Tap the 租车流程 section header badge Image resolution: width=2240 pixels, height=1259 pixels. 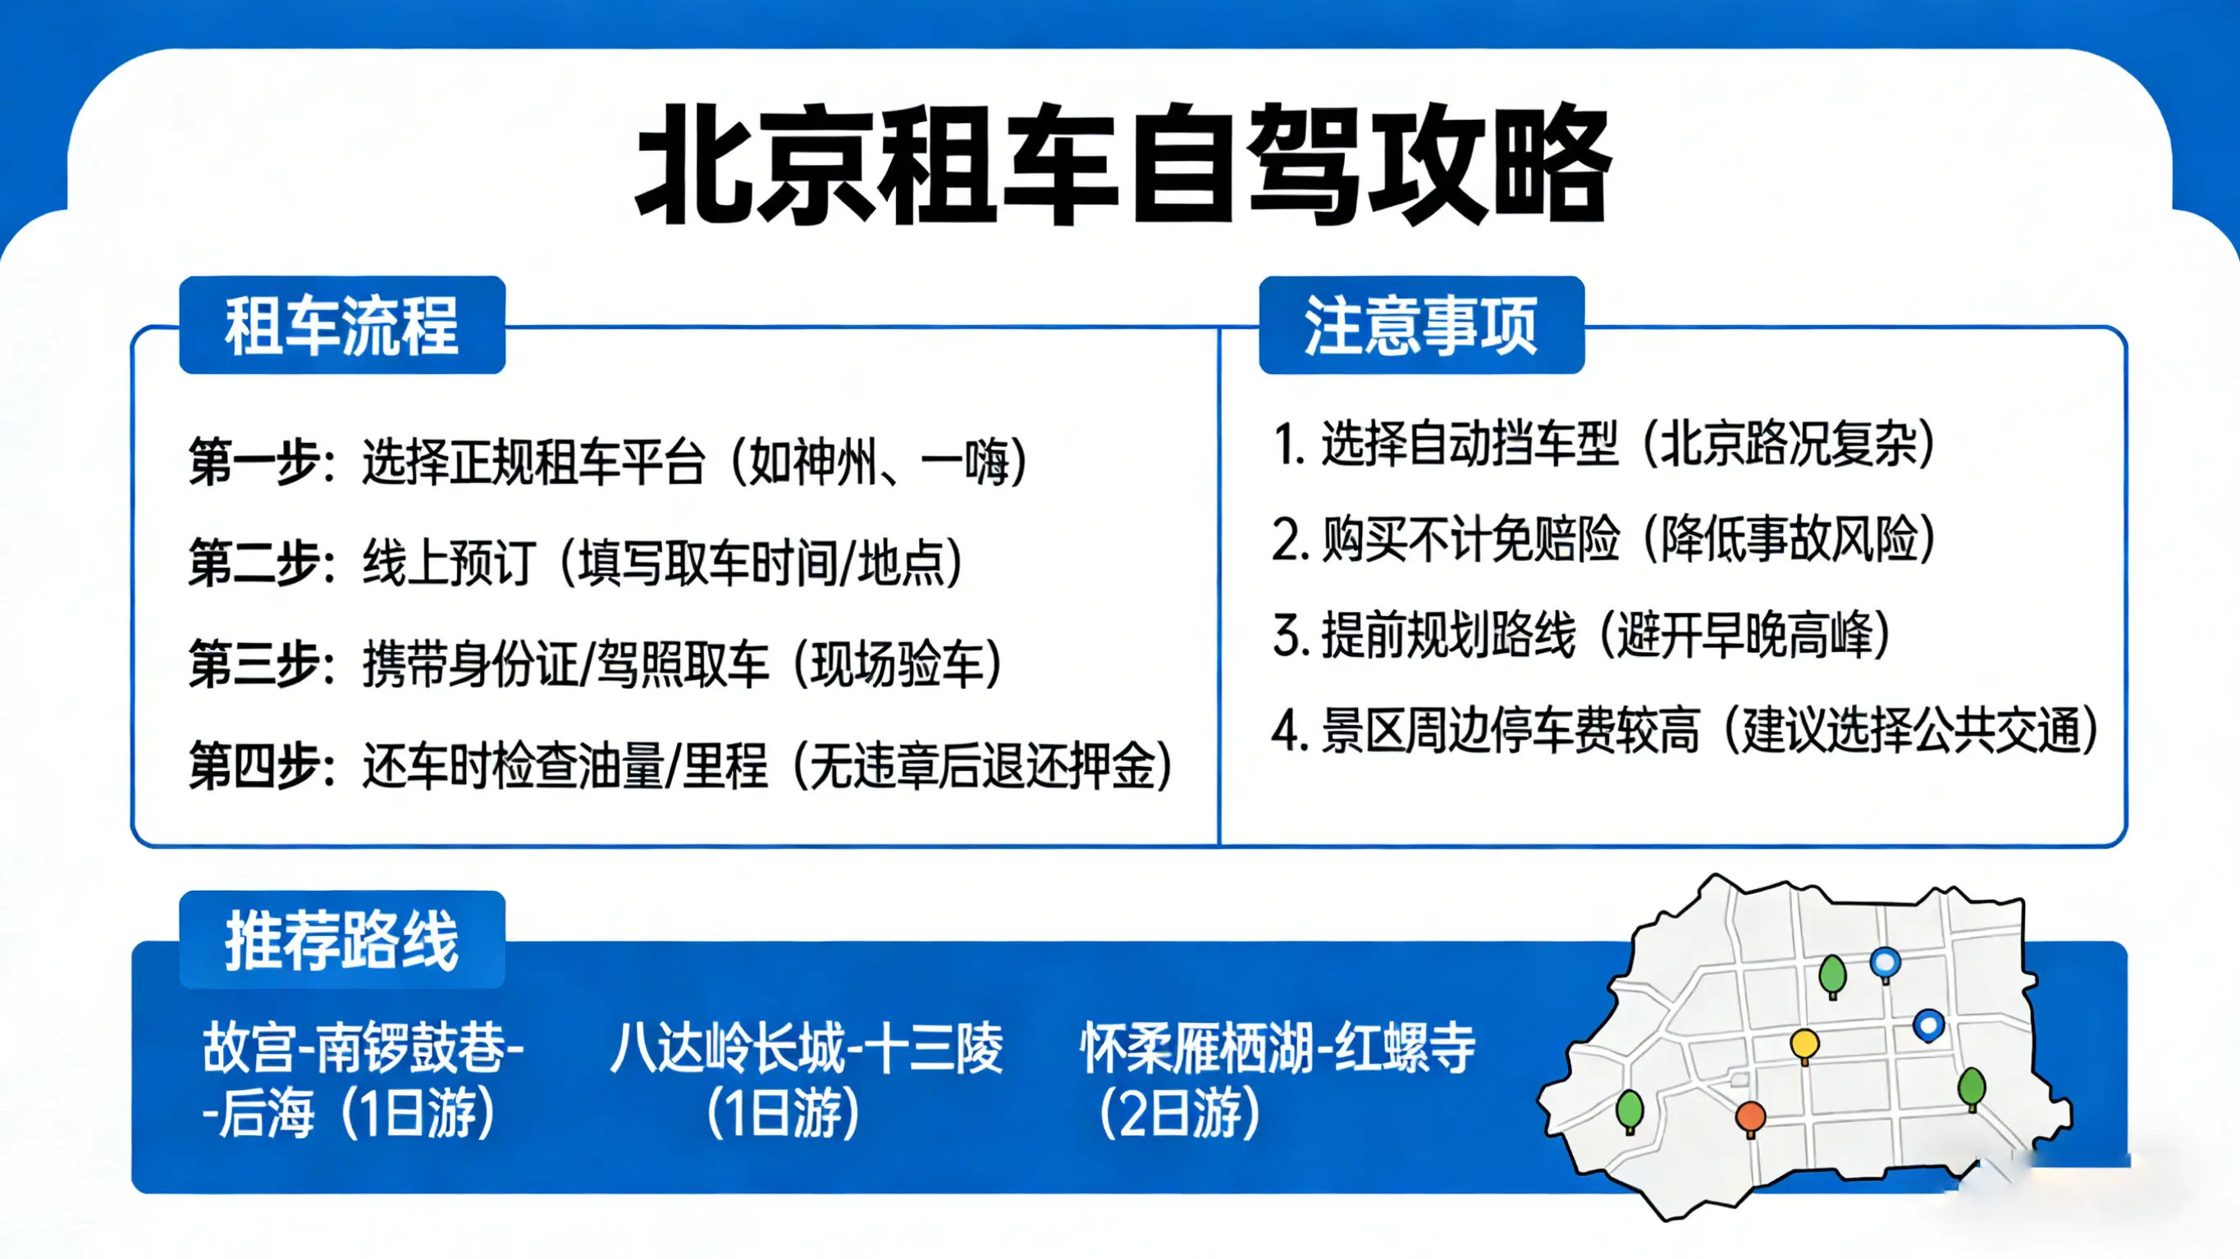pyautogui.click(x=341, y=325)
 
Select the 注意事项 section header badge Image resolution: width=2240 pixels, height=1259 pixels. pyautogui.click(x=1421, y=325)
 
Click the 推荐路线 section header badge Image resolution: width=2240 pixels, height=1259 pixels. pyautogui.click(x=341, y=940)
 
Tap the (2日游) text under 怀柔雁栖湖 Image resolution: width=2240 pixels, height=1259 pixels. pyautogui.click(x=1179, y=1115)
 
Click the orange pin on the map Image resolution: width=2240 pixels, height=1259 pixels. pyautogui.click(x=1750, y=1116)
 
